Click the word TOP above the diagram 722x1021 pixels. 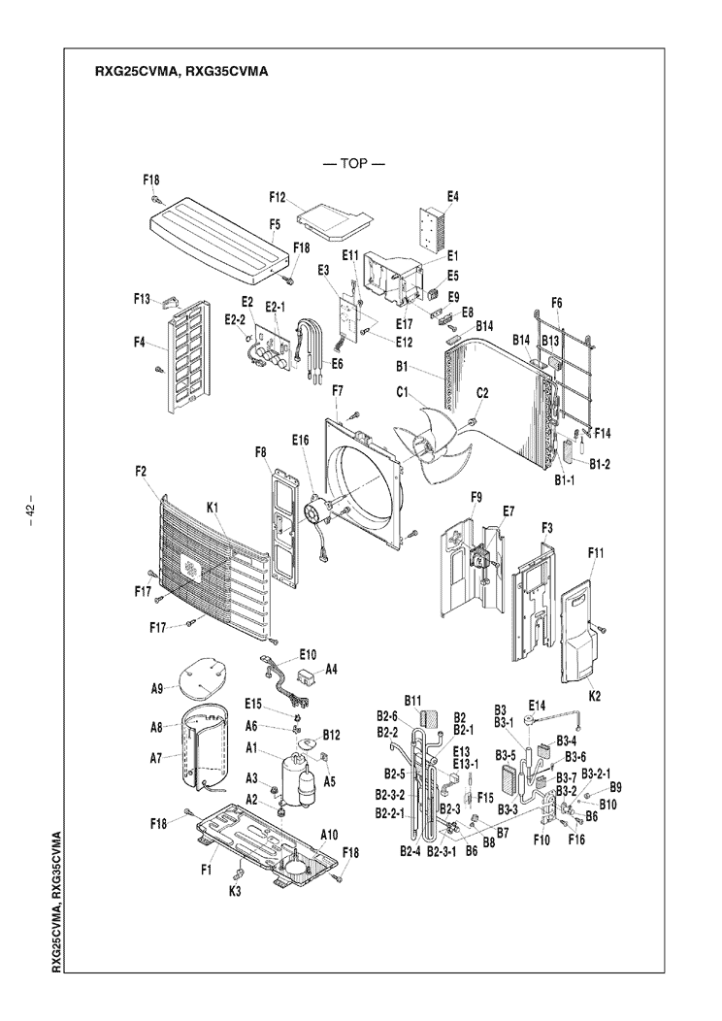coord(354,163)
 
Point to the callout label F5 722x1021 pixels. coord(276,223)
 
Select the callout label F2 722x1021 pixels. coord(142,471)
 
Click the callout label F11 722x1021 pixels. coord(596,552)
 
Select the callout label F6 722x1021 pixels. coord(556,303)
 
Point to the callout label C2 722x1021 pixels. coord(482,392)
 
